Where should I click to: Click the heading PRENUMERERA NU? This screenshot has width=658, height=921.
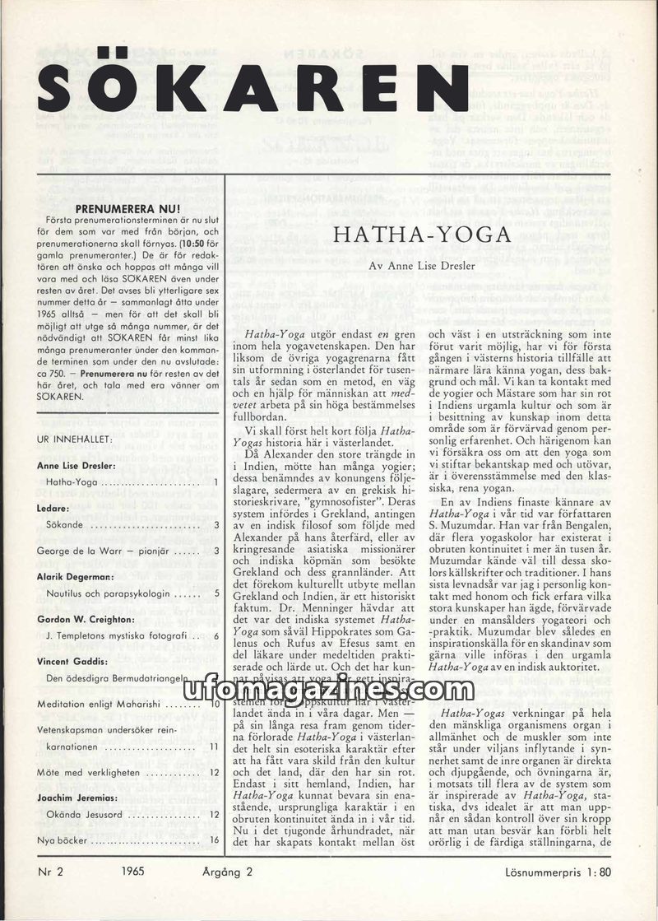134,209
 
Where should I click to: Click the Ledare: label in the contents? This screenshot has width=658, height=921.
53,509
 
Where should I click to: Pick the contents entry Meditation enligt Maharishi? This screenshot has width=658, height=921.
100,705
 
